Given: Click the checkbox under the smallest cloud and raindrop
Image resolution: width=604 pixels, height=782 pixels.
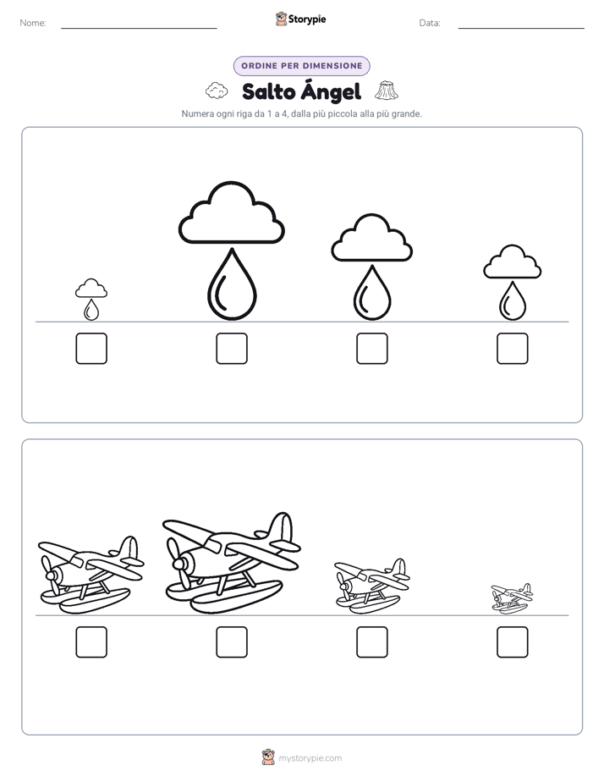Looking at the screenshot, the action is click(91, 348).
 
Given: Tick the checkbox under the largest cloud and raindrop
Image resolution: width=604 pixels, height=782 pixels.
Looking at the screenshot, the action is click(232, 348).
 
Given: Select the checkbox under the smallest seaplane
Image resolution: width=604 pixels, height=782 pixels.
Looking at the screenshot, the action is click(513, 642).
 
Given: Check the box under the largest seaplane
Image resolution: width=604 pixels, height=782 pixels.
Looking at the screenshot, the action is click(232, 642).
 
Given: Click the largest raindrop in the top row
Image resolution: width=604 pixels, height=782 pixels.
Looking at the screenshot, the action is click(232, 284).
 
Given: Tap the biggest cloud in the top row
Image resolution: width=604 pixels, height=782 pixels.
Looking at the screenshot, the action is click(232, 213).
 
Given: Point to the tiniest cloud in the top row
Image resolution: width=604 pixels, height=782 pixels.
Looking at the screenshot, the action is click(91, 289).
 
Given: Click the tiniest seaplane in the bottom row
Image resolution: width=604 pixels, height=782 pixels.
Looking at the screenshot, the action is click(512, 598).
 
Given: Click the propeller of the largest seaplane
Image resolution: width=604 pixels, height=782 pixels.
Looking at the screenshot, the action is click(178, 564).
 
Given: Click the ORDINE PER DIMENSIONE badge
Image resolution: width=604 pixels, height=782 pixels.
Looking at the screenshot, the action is click(301, 66).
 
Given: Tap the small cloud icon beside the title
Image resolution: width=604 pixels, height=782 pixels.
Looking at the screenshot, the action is click(217, 91).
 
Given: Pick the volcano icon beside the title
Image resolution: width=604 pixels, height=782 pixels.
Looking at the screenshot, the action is click(387, 91).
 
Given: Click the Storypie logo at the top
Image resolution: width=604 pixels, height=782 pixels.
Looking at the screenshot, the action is click(300, 19).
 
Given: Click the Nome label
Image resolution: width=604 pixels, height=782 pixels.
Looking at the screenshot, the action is click(33, 23).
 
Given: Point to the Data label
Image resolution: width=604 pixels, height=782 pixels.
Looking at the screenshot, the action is click(430, 23).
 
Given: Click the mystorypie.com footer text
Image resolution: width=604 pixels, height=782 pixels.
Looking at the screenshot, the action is click(310, 758).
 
